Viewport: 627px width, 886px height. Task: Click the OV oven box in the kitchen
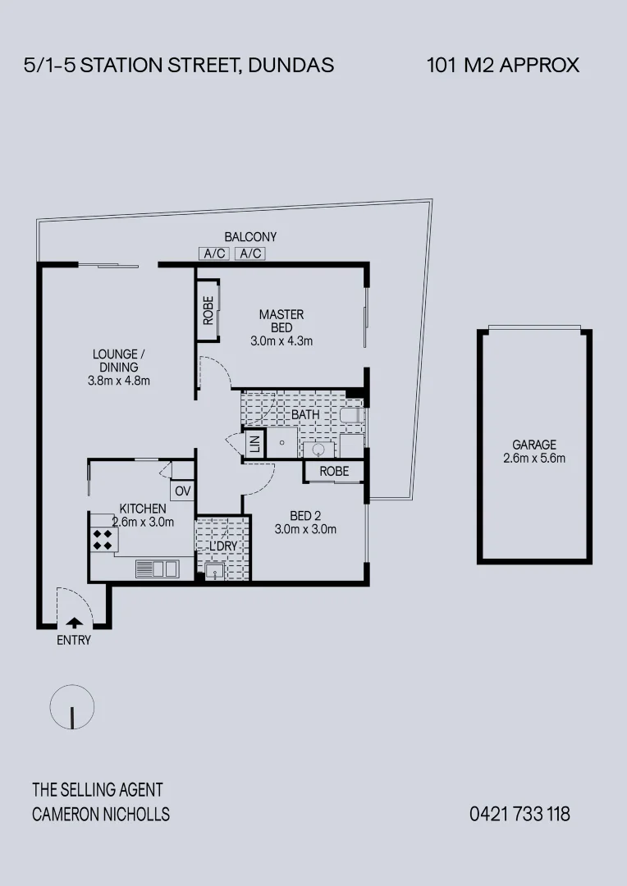coord(182,491)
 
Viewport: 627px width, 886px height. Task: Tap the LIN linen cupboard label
coord(254,444)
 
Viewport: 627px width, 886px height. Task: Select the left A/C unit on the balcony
coord(215,253)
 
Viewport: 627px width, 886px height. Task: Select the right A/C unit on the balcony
coord(249,253)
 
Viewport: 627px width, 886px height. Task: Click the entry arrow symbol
coord(74,622)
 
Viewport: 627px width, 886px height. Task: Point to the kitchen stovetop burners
coord(103,539)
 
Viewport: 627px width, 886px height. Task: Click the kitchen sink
coord(157,568)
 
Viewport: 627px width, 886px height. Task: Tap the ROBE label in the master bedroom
coord(208,310)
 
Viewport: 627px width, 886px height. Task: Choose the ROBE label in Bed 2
coord(334,471)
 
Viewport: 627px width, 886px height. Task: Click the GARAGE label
coord(534,445)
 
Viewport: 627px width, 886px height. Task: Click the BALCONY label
coord(250,237)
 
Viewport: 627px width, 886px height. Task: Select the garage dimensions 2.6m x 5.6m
coord(534,459)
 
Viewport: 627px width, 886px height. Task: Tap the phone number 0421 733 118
coord(519,814)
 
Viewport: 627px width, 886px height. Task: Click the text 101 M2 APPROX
coord(503,65)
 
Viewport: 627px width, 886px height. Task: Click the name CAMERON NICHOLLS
coord(101,814)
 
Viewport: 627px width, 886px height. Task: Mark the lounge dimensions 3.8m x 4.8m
coord(118,381)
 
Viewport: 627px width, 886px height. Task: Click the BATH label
coord(305,415)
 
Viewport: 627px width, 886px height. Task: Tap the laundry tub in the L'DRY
coord(214,571)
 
